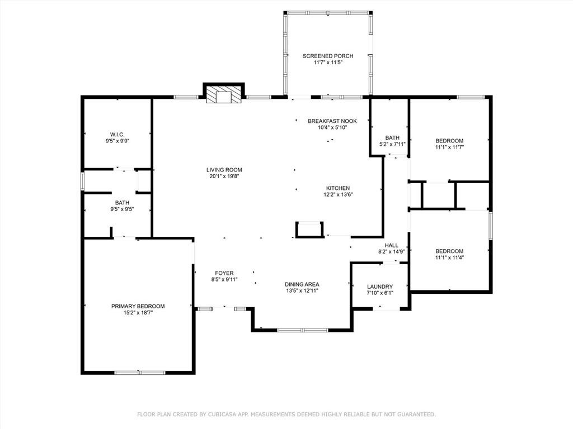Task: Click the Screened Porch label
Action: pos(328,56)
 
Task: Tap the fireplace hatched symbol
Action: pos(224,94)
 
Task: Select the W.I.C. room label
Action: pos(118,135)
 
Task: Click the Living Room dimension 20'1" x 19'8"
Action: pos(224,176)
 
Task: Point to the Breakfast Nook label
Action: pos(332,121)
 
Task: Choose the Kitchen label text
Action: pos(338,188)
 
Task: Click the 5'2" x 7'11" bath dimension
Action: pos(392,144)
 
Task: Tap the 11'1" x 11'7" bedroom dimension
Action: pos(449,147)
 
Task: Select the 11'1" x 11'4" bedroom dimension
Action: pos(449,258)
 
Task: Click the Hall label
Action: pos(391,246)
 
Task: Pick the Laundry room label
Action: pos(380,287)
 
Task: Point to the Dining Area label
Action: pos(302,284)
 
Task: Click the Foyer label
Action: pos(224,273)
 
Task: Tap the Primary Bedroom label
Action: pos(138,306)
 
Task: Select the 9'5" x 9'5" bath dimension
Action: pos(122,209)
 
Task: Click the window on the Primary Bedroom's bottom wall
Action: pos(139,373)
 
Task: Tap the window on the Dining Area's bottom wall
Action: pos(303,330)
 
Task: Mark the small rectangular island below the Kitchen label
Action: pos(309,230)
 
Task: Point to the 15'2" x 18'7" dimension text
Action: pos(138,313)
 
